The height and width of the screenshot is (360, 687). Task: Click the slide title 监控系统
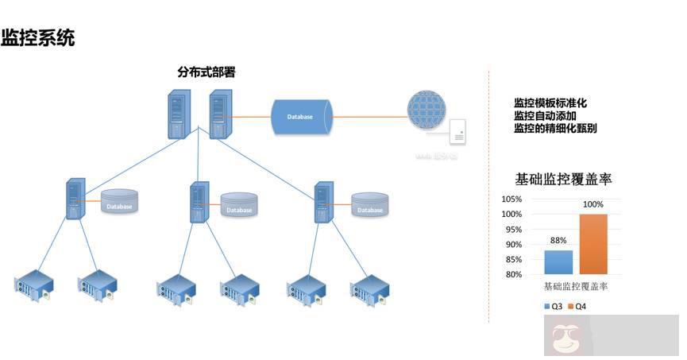pos(38,37)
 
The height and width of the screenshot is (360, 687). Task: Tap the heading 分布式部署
pos(206,72)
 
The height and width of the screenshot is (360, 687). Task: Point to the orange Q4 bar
pos(593,244)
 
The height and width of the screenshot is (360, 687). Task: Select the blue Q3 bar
pos(558,262)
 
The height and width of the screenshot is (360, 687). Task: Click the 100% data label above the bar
pos(593,205)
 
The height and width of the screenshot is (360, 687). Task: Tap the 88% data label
pos(558,241)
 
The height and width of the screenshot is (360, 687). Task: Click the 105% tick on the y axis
pos(511,199)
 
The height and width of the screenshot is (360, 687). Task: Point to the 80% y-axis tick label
pos(511,275)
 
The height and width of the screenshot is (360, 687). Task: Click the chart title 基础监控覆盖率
pos(564,179)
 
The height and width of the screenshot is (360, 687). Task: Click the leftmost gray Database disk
pos(119,203)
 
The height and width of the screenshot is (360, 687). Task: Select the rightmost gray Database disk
pos(369,205)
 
